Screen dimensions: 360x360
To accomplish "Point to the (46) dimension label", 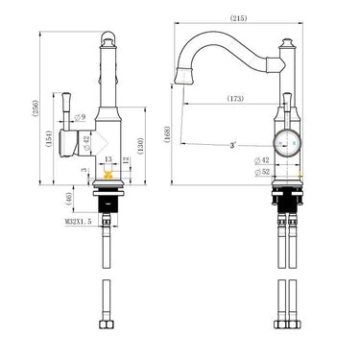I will [68, 199].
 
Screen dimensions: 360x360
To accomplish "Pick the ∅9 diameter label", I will [82, 117].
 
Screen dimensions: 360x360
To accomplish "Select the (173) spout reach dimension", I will [235, 98].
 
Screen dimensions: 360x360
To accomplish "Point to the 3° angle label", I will [232, 145].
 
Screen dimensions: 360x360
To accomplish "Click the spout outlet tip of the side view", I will [184, 75].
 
